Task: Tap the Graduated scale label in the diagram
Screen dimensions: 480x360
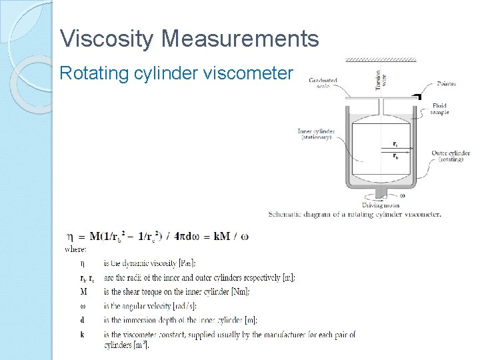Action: [x=323, y=83]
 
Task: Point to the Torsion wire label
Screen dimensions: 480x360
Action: [x=380, y=79]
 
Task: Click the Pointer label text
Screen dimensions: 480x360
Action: [x=446, y=84]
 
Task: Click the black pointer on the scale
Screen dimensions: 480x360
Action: [x=418, y=96]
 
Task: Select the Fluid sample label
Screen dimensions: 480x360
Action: [x=440, y=109]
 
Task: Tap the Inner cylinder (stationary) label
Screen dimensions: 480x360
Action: [x=316, y=133]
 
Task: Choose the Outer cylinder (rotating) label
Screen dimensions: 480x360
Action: [x=451, y=156]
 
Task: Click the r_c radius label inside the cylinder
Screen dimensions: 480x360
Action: [x=395, y=144]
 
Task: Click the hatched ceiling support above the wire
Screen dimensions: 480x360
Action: [x=381, y=59]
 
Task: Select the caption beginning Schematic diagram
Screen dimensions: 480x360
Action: [x=355, y=215]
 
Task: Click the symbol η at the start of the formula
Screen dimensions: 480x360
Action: [x=71, y=236]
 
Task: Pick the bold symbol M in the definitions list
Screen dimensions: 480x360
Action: [x=83, y=291]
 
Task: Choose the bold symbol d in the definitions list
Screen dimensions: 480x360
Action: [x=82, y=320]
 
